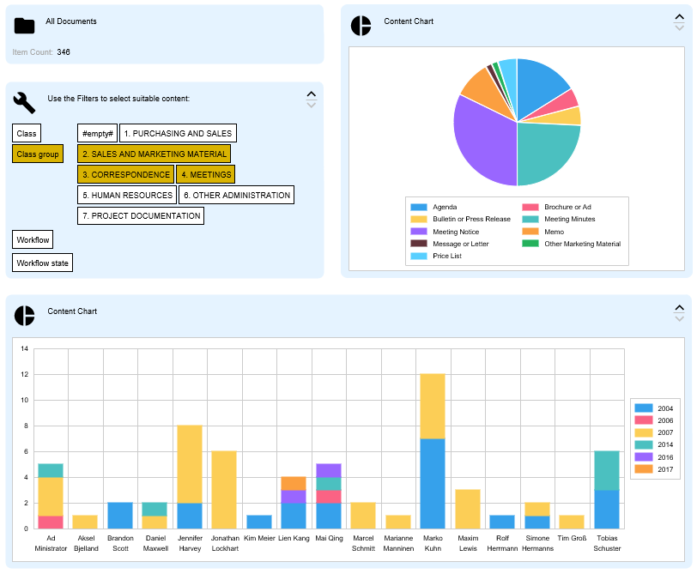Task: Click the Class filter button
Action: [27, 133]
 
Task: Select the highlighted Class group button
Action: [38, 154]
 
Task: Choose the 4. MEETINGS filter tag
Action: [205, 175]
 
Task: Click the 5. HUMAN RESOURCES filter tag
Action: [127, 196]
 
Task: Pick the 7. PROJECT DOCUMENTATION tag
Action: [141, 216]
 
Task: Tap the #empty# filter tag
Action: [98, 134]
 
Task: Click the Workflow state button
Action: [43, 263]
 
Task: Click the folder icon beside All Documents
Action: [24, 26]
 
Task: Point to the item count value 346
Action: [64, 52]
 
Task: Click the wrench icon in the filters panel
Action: [24, 103]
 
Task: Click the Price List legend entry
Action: [445, 256]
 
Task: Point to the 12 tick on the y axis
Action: [25, 375]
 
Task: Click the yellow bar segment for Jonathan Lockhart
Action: [224, 490]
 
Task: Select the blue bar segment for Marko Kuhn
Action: [433, 483]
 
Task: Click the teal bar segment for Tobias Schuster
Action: [607, 471]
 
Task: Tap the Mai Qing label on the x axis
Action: [329, 538]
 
